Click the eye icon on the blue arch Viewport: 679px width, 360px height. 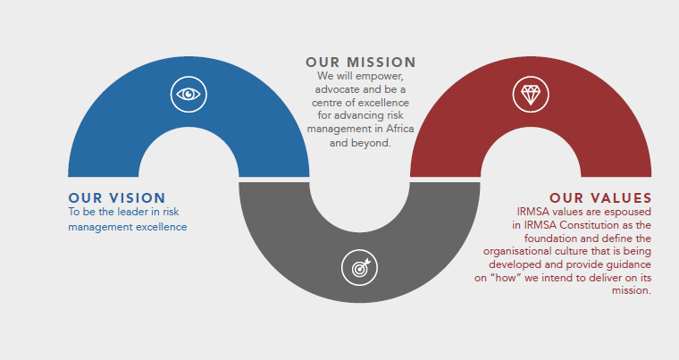(189, 93)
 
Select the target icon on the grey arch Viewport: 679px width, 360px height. (359, 266)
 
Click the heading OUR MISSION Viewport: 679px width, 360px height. (360, 63)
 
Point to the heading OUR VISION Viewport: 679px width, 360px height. (117, 197)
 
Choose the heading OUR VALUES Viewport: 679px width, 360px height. (599, 197)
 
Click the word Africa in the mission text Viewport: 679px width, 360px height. (398, 130)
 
